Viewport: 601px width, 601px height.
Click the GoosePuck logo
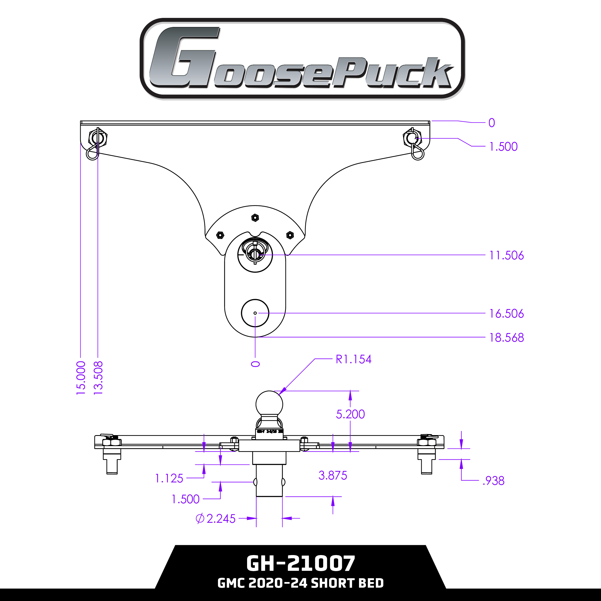302,58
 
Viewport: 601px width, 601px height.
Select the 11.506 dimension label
506,255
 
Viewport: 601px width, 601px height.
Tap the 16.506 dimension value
506,314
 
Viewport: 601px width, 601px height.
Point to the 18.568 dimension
506,338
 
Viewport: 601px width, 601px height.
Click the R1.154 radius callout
353,359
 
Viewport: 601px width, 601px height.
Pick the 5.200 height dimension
350,414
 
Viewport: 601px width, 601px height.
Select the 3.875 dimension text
333,475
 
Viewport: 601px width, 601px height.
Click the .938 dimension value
493,481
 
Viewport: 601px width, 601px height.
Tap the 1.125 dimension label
169,478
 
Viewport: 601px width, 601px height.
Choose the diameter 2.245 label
215,518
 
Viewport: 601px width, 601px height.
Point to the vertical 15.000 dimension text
81,378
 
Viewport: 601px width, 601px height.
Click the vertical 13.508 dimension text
98,378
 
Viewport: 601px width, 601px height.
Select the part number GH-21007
300,563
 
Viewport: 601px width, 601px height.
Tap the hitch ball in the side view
269,404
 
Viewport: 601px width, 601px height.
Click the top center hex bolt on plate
255,218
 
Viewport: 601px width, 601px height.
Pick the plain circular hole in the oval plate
255,313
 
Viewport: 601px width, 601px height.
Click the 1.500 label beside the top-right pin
503,147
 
